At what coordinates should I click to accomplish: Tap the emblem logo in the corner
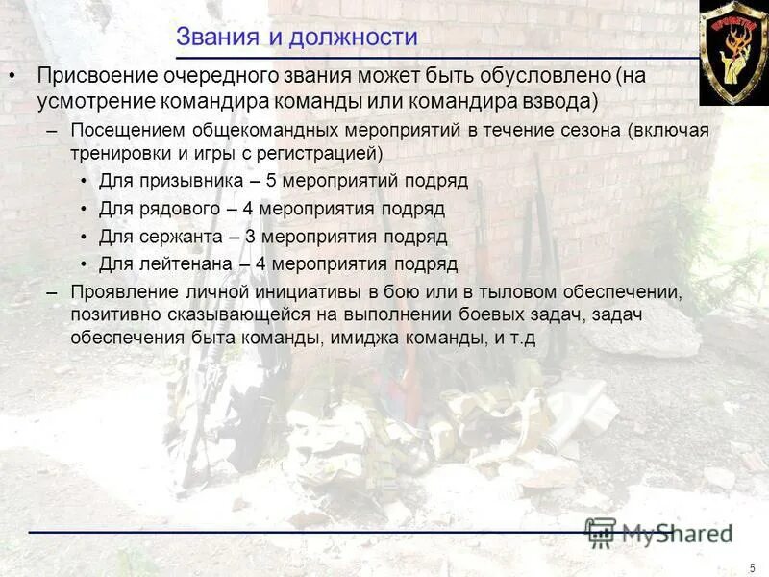pos(732,52)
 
